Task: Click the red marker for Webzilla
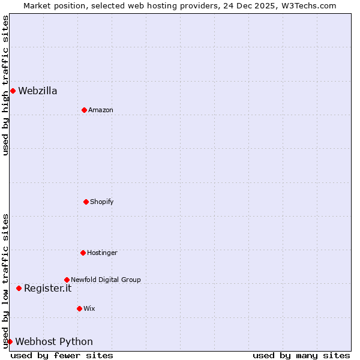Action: tap(13, 91)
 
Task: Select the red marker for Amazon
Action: tap(84, 110)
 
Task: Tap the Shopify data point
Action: tap(86, 202)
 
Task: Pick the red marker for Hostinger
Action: tap(83, 253)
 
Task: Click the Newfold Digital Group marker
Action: tap(67, 280)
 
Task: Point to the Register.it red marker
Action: tap(19, 288)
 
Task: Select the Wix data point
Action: tap(79, 308)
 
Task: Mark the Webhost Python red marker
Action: tap(10, 341)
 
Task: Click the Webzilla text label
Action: tap(38, 91)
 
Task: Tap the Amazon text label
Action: tap(101, 110)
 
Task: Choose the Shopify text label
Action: tap(102, 202)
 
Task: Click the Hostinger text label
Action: tap(102, 253)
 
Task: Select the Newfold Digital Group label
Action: tap(106, 280)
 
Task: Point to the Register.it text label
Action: tap(47, 289)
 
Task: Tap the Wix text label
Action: tap(89, 309)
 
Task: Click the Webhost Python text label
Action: tap(54, 342)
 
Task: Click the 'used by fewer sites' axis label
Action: tap(62, 355)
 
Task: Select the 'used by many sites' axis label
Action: tap(301, 355)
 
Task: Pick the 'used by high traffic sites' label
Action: tap(6, 85)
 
